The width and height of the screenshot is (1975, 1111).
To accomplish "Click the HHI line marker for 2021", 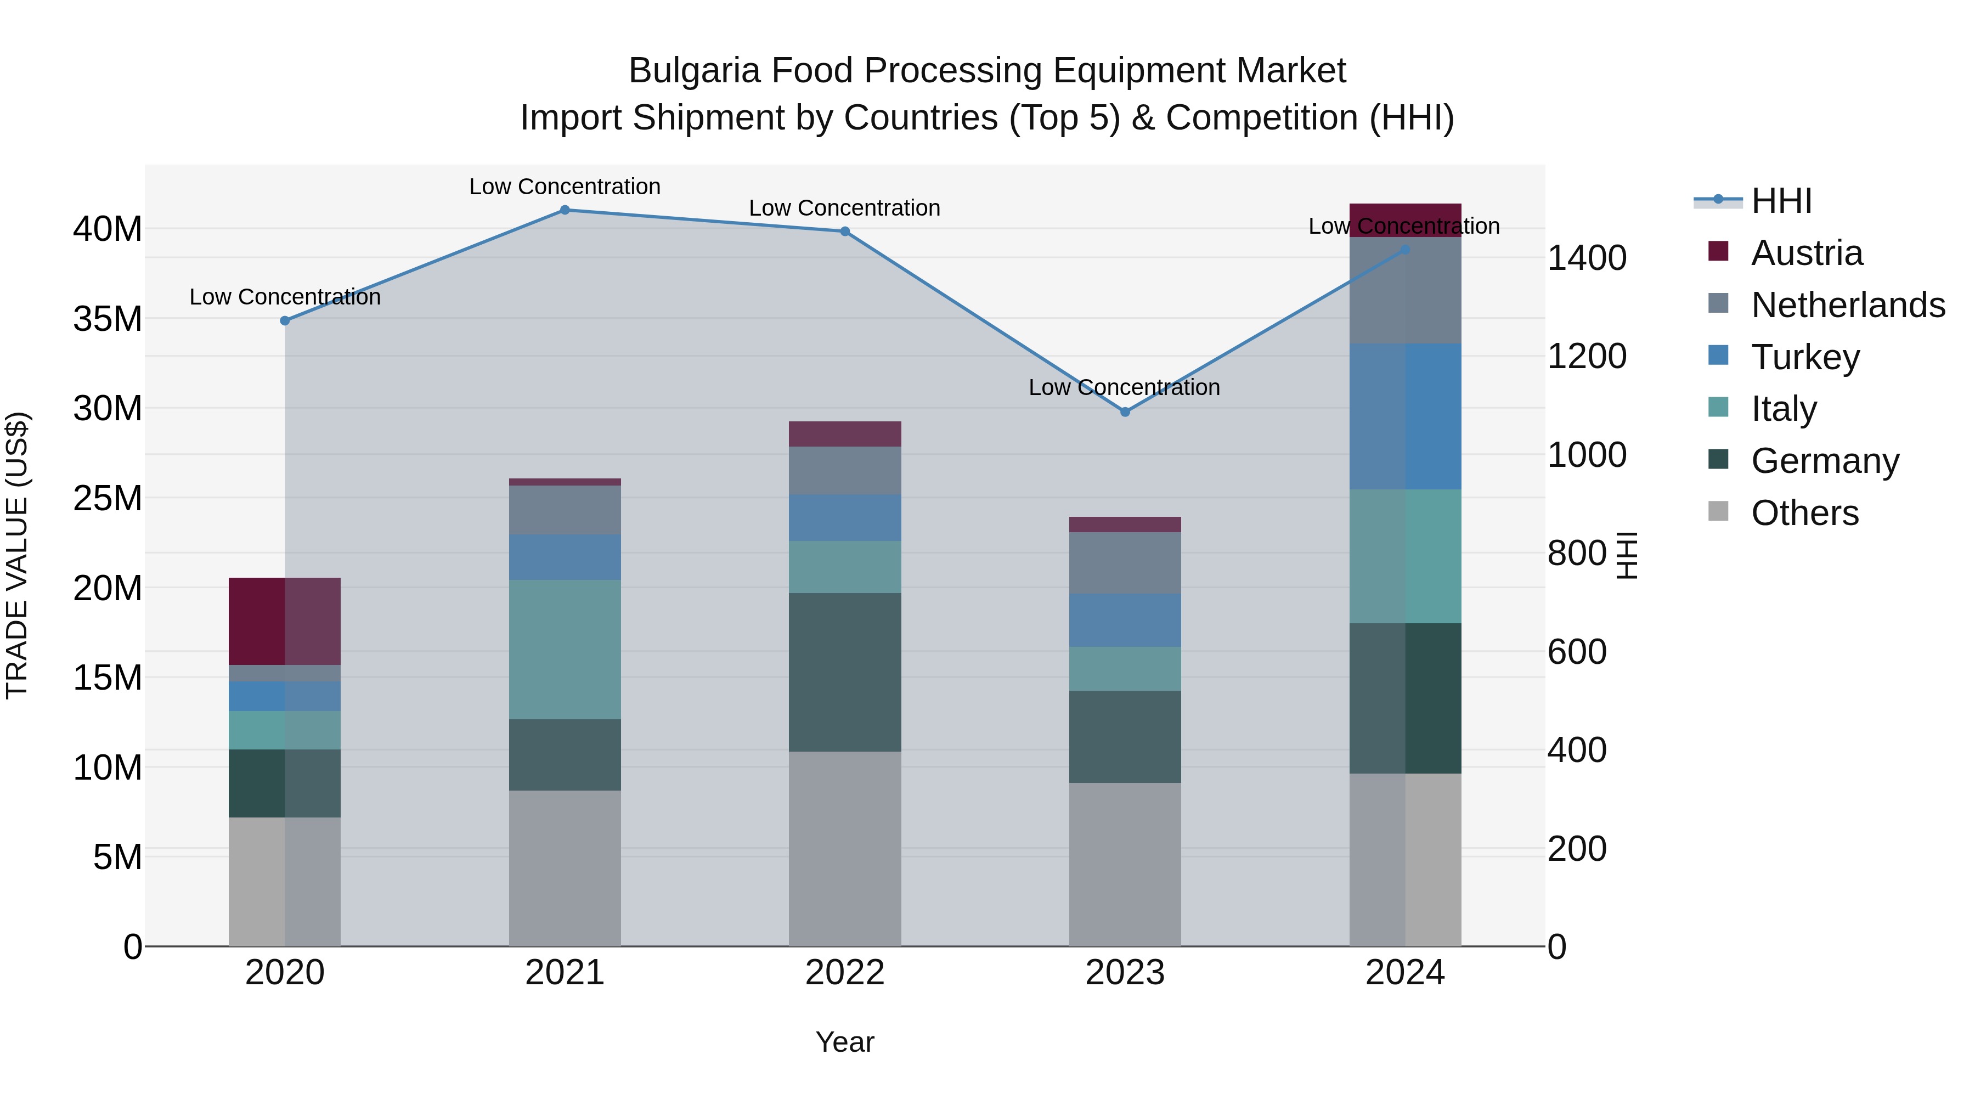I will pos(565,210).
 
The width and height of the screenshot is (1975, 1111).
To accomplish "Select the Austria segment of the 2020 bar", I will pos(284,621).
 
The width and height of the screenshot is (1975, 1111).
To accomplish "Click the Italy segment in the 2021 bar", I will pos(565,650).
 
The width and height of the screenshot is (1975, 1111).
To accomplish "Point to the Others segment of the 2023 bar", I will pos(1125,864).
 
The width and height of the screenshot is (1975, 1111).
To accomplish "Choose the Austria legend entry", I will pos(1807,253).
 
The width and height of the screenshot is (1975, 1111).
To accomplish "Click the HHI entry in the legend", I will pos(1781,201).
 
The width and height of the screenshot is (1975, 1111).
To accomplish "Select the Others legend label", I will pos(1805,513).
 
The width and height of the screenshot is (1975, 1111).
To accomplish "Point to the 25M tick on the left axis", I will pos(108,498).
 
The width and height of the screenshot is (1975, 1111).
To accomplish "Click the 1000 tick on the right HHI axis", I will pos(1586,455).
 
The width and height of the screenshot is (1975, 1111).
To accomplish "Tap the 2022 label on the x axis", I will pos(844,973).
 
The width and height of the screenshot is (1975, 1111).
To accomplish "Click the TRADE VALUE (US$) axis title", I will pos(17,555).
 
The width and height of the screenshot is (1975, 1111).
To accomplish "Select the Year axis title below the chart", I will pos(844,1042).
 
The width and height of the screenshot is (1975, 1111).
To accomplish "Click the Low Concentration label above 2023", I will pos(1124,388).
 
